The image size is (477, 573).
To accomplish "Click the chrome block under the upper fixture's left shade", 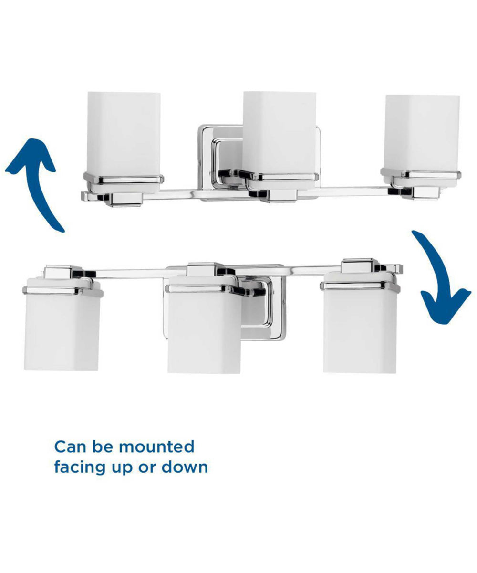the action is [x=124, y=200].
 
